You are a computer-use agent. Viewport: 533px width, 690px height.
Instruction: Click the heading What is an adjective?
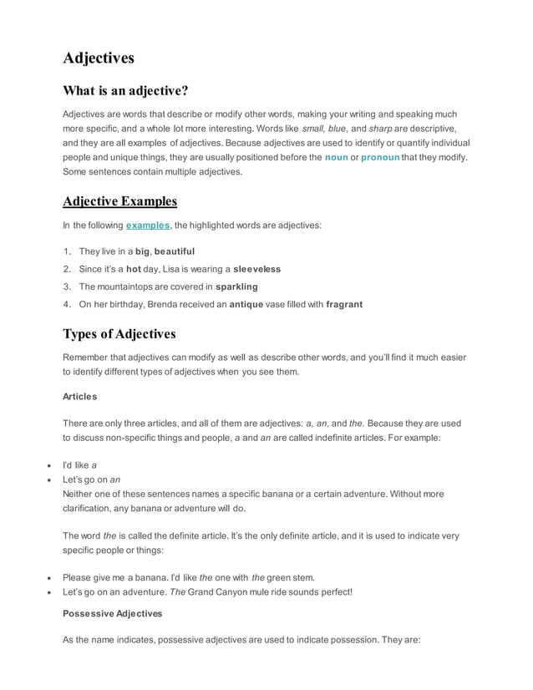pyautogui.click(x=125, y=90)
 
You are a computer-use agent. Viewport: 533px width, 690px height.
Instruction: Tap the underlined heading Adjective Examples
pyautogui.click(x=119, y=201)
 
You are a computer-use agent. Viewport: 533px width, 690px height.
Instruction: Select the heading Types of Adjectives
pyautogui.click(x=119, y=334)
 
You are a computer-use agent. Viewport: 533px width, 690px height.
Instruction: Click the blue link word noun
pyautogui.click(x=336, y=157)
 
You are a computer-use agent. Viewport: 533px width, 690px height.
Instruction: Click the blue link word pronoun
pyautogui.click(x=380, y=157)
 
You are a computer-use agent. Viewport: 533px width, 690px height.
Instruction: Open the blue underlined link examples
pyautogui.click(x=148, y=226)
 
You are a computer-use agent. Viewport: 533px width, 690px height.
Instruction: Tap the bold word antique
pyautogui.click(x=250, y=304)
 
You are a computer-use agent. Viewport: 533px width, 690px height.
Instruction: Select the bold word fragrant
pyautogui.click(x=344, y=304)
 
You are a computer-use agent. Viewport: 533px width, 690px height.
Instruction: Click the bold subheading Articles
pyautogui.click(x=80, y=396)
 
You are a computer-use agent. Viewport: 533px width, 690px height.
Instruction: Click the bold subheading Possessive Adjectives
pyautogui.click(x=113, y=613)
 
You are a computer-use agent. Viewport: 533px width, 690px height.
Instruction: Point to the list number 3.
pyautogui.click(x=67, y=287)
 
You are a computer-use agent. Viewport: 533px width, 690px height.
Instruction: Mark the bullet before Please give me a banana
pyautogui.click(x=51, y=577)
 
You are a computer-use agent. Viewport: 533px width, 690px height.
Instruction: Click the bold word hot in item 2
pyautogui.click(x=134, y=269)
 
